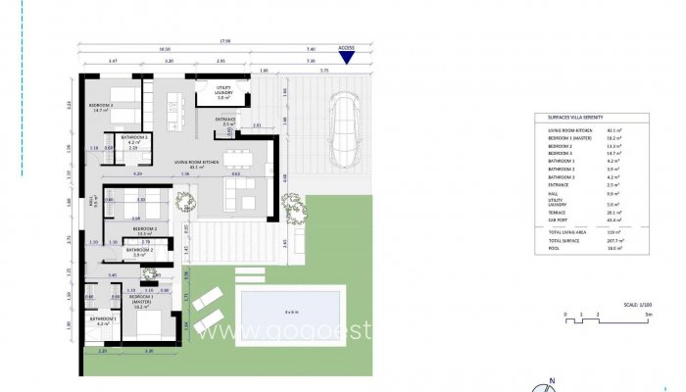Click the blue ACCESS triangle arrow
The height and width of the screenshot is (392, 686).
point(346,58)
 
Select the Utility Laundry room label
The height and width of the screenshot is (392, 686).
point(222,92)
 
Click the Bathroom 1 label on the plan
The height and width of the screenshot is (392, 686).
point(103,319)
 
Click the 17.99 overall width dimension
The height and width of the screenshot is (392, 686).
point(224,41)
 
